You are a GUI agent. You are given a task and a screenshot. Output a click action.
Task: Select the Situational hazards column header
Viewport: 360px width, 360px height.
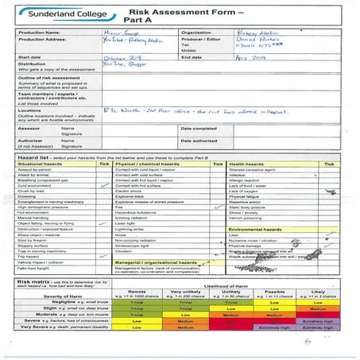coord(40,164)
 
